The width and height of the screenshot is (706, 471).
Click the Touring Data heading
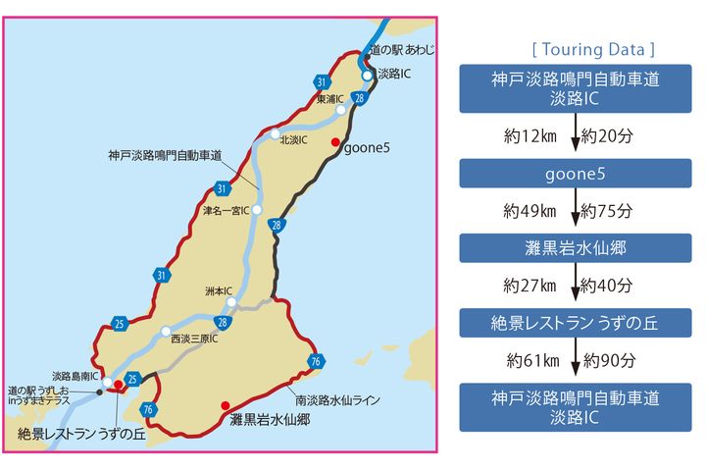click(592, 48)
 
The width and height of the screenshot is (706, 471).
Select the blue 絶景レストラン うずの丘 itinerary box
click(576, 322)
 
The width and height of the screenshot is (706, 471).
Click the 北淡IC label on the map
click(294, 140)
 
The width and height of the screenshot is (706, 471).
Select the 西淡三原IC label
click(193, 339)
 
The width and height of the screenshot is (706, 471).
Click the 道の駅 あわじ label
click(402, 49)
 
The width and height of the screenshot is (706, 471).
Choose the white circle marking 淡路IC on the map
click(366, 75)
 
